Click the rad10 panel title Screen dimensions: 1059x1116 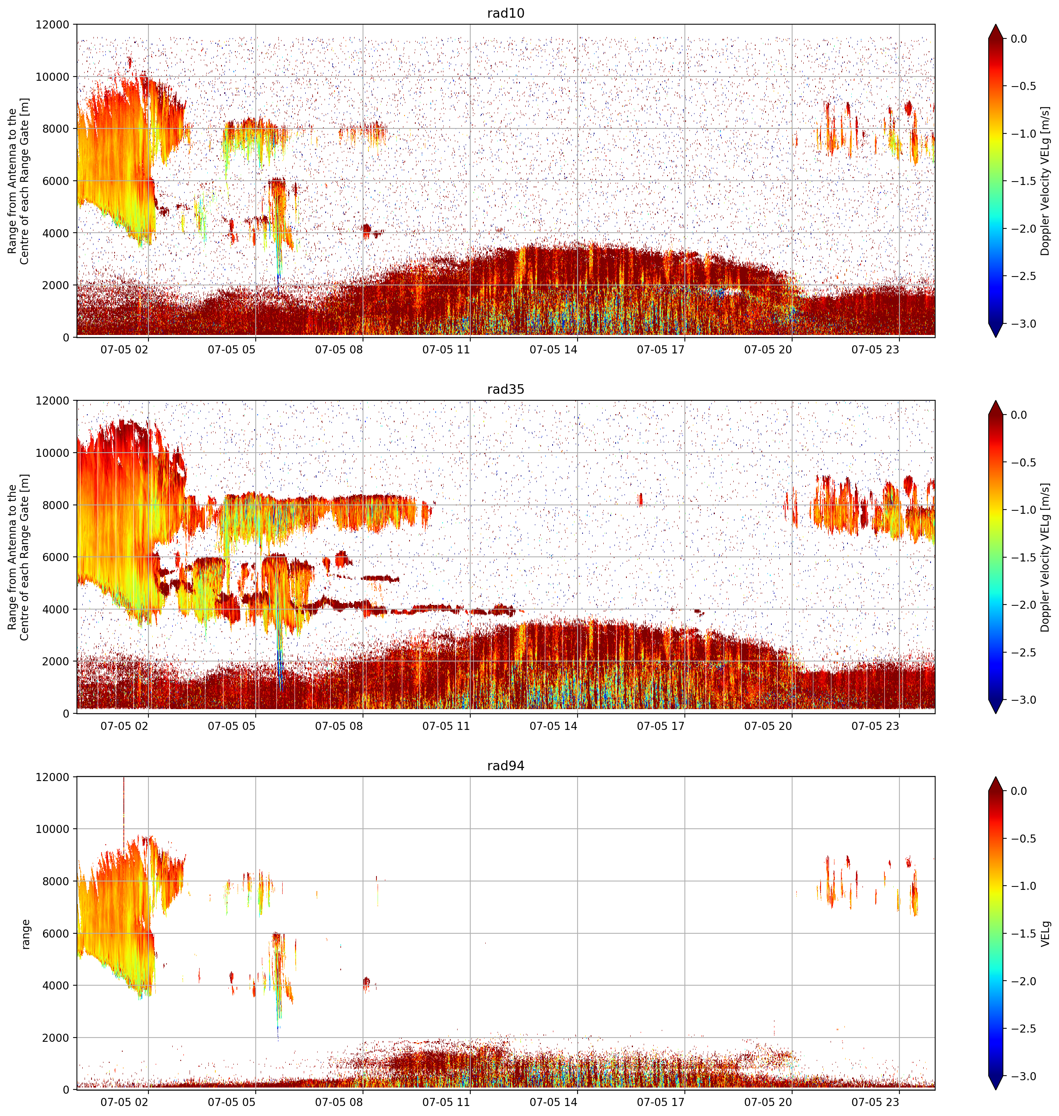505,13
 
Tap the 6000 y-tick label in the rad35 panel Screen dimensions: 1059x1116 57,557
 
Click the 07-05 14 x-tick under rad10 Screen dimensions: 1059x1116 553,350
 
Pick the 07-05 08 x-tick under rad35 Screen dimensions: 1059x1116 339,726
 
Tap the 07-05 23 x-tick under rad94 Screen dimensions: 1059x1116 875,1103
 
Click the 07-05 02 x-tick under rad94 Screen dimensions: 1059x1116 124,1103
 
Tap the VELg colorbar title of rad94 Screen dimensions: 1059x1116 1046,934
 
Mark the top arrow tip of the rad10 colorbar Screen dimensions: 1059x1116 996,24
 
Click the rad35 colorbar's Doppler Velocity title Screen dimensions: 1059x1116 1046,557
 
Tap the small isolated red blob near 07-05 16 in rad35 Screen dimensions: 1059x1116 640,499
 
